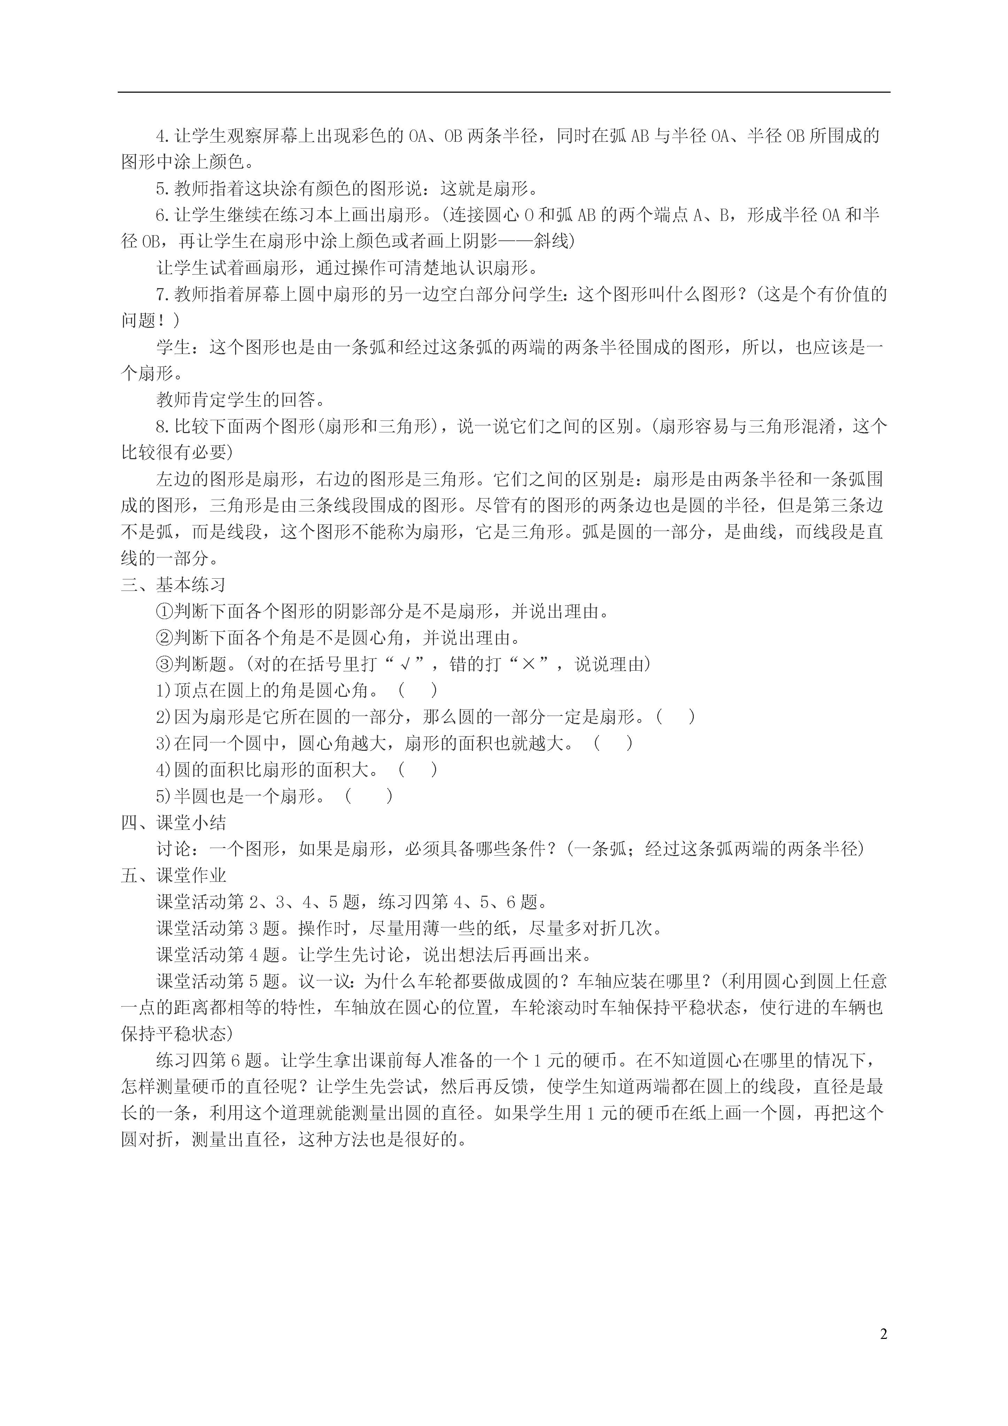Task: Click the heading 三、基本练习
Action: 173,585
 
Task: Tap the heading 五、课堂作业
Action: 173,876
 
